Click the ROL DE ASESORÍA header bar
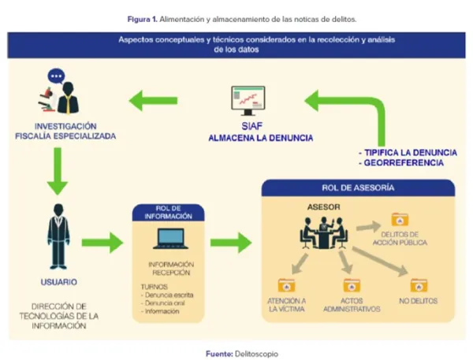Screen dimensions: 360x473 [x=358, y=187]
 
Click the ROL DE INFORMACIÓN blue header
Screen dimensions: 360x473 [x=167, y=211]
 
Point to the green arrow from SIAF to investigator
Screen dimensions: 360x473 [x=154, y=100]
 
